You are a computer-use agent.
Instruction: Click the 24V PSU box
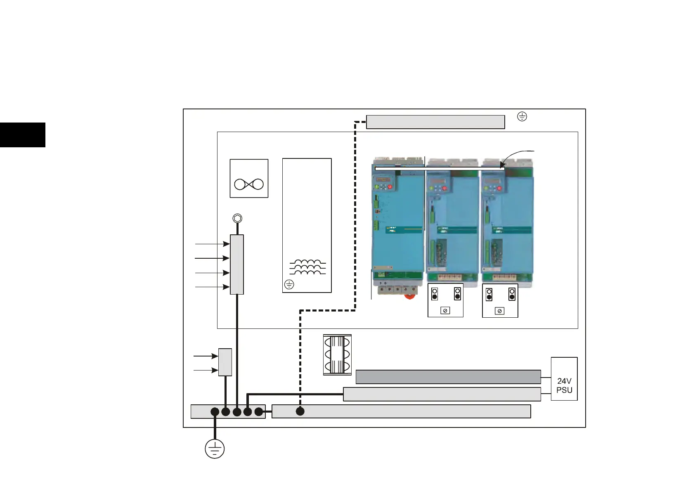pos(564,379)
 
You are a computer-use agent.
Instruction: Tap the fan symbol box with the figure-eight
pos(249,178)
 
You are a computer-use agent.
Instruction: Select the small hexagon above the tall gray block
pos(237,218)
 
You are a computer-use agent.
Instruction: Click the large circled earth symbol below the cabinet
pos(215,449)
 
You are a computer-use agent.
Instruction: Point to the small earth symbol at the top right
pos(522,117)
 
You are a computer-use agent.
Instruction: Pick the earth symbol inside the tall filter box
pos(289,284)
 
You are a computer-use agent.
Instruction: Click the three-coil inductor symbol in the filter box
pos(307,267)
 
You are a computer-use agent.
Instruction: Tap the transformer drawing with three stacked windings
pos(337,355)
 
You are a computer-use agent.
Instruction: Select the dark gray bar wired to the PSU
pos(448,377)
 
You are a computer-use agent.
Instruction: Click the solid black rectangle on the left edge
pos(22,135)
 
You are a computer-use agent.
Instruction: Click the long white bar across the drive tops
pos(440,168)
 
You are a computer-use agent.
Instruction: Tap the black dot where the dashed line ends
pos(300,411)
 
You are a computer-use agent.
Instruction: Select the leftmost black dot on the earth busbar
pos(215,412)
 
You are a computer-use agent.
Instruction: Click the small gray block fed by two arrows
pos(225,362)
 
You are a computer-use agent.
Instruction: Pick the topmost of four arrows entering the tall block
pos(212,244)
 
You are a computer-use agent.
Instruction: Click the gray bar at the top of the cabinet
pos(435,122)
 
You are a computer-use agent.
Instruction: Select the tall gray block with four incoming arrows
pos(236,264)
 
